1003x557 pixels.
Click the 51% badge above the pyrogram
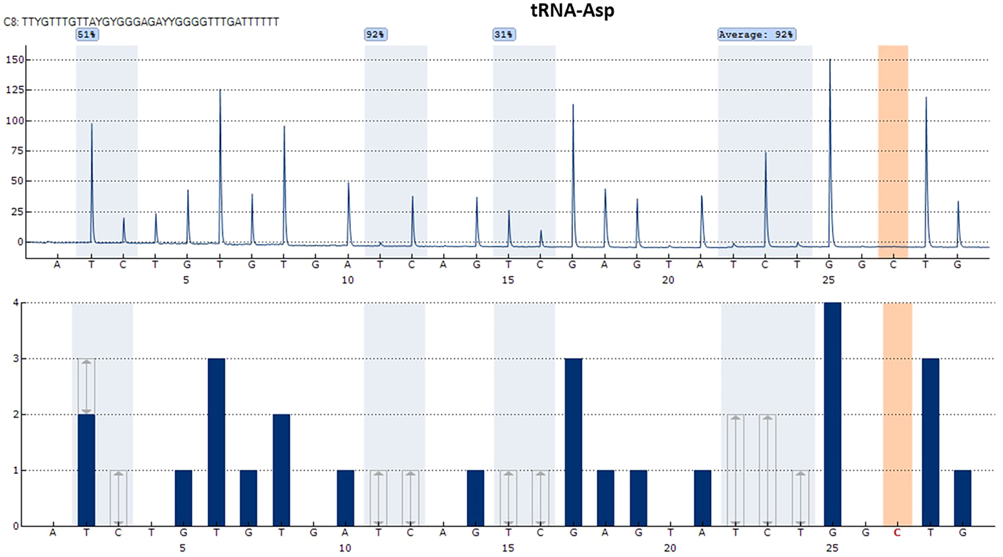pyautogui.click(x=87, y=34)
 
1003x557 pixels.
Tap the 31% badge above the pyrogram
pyautogui.click(x=504, y=34)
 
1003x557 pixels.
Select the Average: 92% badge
pyautogui.click(x=756, y=34)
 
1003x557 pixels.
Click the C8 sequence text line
pyautogui.click(x=141, y=22)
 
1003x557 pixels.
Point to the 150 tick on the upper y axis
pyautogui.click(x=14, y=60)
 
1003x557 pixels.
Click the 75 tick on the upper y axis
pyautogui.click(x=17, y=151)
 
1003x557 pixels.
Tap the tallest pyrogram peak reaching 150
pyautogui.click(x=830, y=63)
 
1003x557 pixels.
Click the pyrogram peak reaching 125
pyautogui.click(x=220, y=94)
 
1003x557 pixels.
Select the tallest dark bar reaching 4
pyautogui.click(x=832, y=414)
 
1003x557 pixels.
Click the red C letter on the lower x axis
pyautogui.click(x=897, y=532)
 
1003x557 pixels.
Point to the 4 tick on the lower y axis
pyautogui.click(x=16, y=303)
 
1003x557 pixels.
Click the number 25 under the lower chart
pyautogui.click(x=831, y=548)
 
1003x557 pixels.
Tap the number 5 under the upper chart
pyautogui.click(x=186, y=280)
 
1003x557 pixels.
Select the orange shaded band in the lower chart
pyautogui.click(x=897, y=414)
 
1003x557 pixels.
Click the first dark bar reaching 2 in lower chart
pyautogui.click(x=86, y=469)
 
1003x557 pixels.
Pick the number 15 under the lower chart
pyautogui.click(x=508, y=548)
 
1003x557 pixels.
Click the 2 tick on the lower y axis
pyautogui.click(x=16, y=414)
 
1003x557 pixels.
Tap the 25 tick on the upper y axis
pyautogui.click(x=17, y=211)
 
